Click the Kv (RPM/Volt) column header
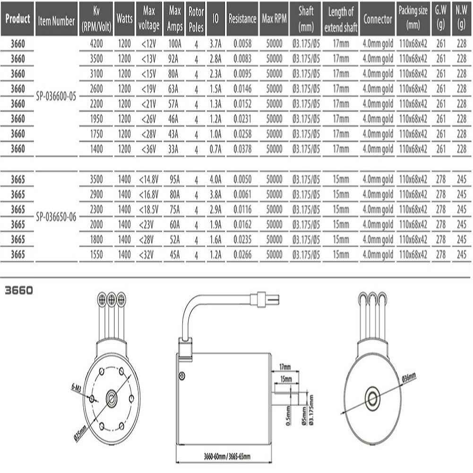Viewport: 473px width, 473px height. (96, 19)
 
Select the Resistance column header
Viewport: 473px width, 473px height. (242, 19)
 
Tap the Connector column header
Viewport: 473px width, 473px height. (378, 19)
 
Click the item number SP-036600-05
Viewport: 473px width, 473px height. (56, 96)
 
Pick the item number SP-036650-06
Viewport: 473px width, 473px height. (56, 217)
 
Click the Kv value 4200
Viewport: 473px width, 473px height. (96, 44)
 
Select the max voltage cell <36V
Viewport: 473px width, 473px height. (149, 149)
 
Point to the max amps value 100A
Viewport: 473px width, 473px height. (175, 44)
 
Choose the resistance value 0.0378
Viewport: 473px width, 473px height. (242, 149)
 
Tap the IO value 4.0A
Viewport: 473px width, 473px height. (215, 180)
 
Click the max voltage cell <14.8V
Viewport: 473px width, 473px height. (149, 180)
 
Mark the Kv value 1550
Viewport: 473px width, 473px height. (96, 255)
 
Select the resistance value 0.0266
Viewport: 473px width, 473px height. (242, 255)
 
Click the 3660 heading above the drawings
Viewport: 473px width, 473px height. (19, 291)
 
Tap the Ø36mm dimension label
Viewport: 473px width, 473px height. (409, 378)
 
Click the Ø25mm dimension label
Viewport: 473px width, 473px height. (80, 433)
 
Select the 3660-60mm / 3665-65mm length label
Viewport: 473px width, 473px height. (227, 456)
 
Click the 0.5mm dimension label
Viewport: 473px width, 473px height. (288, 415)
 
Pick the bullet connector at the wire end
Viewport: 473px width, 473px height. (265, 300)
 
